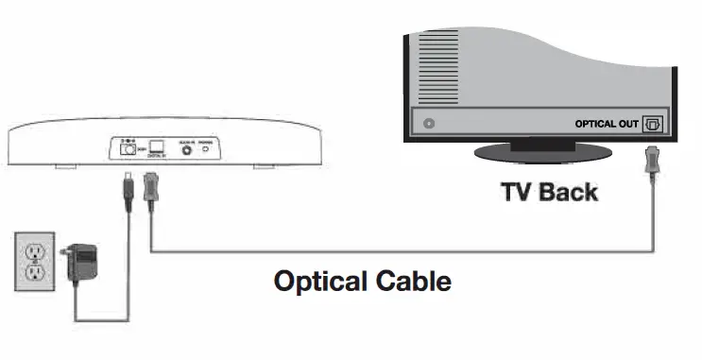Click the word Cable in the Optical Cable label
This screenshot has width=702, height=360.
click(x=413, y=281)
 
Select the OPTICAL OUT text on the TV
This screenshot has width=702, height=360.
click(x=608, y=124)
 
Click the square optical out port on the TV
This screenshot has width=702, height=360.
click(x=653, y=124)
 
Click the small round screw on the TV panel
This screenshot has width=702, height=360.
click(x=431, y=123)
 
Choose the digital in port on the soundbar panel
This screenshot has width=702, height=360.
click(x=157, y=146)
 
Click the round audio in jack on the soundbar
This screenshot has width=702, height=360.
click(x=185, y=147)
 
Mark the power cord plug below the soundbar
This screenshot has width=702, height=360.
click(x=126, y=181)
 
